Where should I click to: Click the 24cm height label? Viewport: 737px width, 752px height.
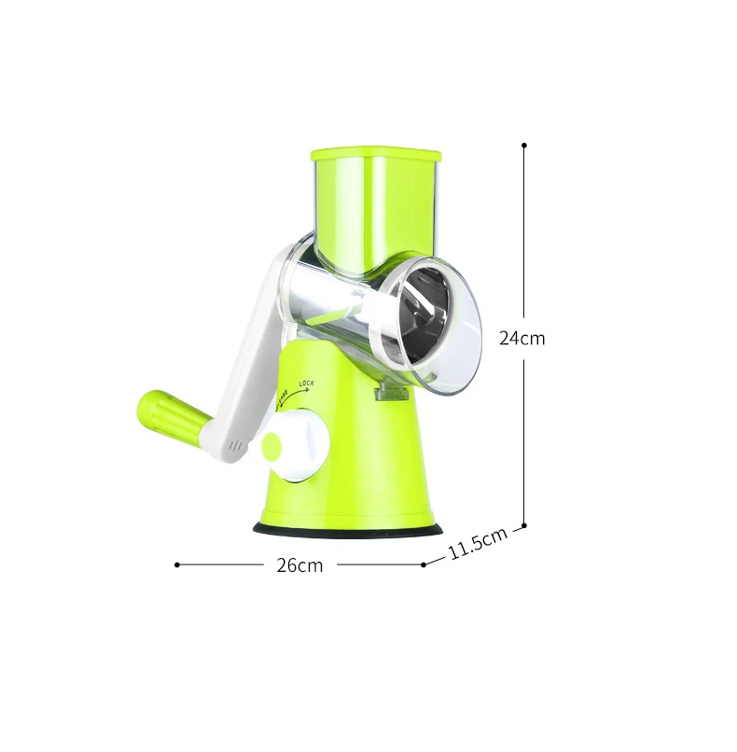[x=521, y=339]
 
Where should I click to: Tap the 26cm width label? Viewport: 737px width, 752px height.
[x=299, y=564]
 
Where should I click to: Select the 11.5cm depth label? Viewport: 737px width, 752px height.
[x=477, y=544]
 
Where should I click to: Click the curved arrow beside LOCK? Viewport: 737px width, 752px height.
[x=298, y=395]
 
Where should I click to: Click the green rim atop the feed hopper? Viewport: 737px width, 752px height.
[x=373, y=152]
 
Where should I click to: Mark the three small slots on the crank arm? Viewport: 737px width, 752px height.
[x=238, y=446]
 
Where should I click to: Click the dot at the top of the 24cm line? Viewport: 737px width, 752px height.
[x=524, y=146]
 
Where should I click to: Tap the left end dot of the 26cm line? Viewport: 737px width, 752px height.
[x=177, y=564]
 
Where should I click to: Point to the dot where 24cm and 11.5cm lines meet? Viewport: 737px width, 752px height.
[x=524, y=526]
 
